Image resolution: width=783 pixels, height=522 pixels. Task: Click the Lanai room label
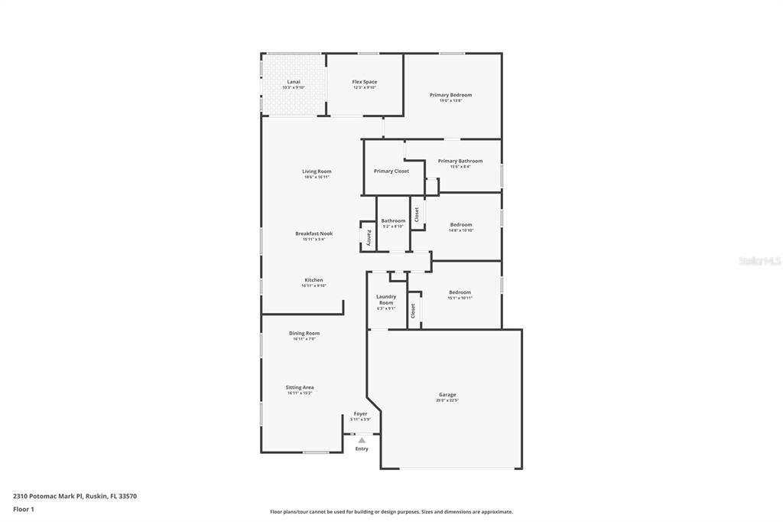294,82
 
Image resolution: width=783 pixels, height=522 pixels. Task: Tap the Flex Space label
364,82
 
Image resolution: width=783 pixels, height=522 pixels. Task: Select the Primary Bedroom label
450,95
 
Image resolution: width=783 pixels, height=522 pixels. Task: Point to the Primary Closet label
391,171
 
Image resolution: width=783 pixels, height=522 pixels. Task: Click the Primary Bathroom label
460,161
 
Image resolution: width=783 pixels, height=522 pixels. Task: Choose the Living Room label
317,171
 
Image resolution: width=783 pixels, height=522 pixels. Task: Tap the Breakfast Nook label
314,233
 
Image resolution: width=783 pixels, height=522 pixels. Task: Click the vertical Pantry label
369,237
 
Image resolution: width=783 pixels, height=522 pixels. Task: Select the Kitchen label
314,280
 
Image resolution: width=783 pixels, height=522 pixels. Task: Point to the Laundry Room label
386,299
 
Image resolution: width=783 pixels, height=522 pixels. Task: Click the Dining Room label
304,334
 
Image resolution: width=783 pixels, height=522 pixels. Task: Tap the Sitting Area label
300,387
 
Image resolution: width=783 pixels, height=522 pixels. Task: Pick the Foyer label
360,414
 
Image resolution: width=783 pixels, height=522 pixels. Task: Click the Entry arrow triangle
362,440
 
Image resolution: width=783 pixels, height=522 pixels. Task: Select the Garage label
447,395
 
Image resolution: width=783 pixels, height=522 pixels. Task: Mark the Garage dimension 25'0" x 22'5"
447,401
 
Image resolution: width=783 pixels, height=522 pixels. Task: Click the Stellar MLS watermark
759,261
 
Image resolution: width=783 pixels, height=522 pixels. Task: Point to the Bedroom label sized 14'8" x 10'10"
461,225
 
